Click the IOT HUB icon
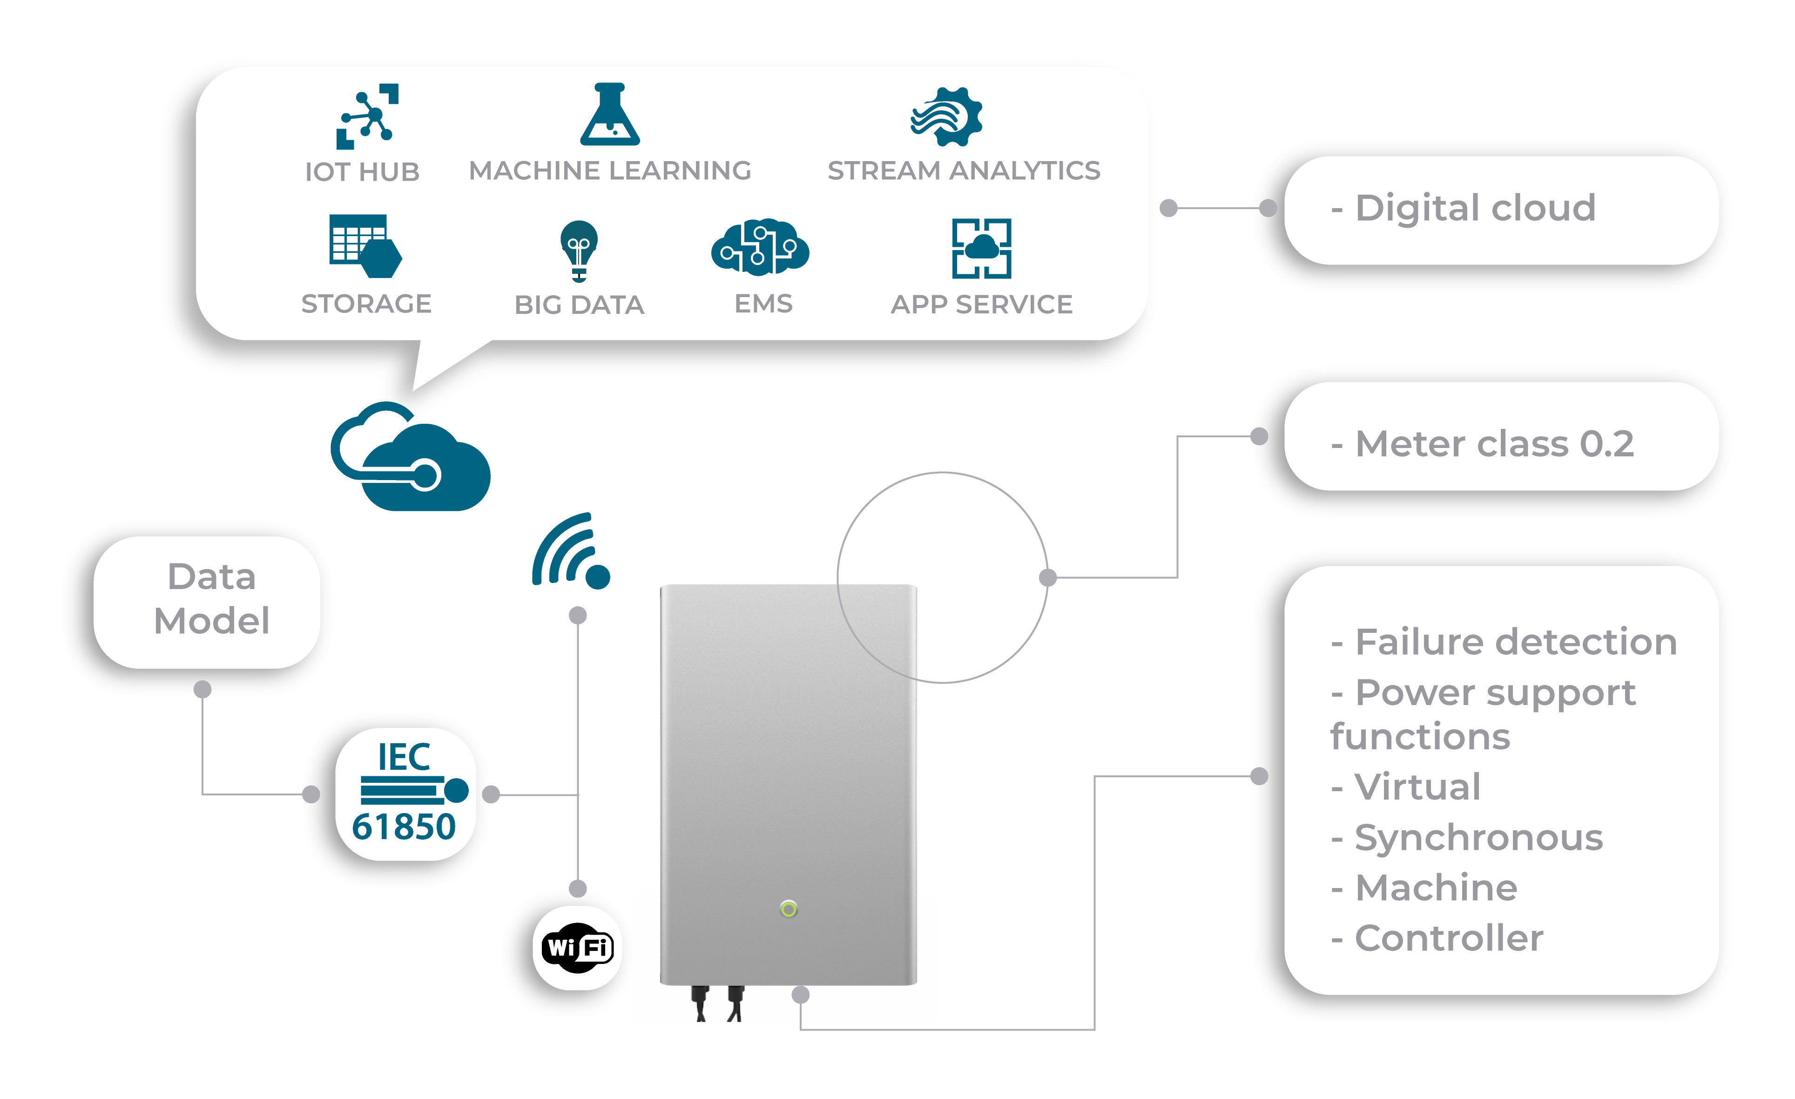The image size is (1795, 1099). coord(367,116)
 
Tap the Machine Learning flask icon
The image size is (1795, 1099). coord(610,115)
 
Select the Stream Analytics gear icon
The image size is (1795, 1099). coord(946,116)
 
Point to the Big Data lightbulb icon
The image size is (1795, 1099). coord(579,250)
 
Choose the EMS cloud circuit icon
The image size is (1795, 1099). coord(760,248)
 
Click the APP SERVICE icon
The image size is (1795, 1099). coord(981,249)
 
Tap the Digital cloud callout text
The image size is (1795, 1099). coord(1475,209)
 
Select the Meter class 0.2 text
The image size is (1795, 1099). coord(1493,444)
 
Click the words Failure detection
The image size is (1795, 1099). coord(1515,642)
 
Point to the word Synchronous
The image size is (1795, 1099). coord(1479,837)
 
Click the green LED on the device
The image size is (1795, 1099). coord(788,909)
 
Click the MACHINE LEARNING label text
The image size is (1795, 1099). coord(610,170)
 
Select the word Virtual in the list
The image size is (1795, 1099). coord(1417,787)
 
